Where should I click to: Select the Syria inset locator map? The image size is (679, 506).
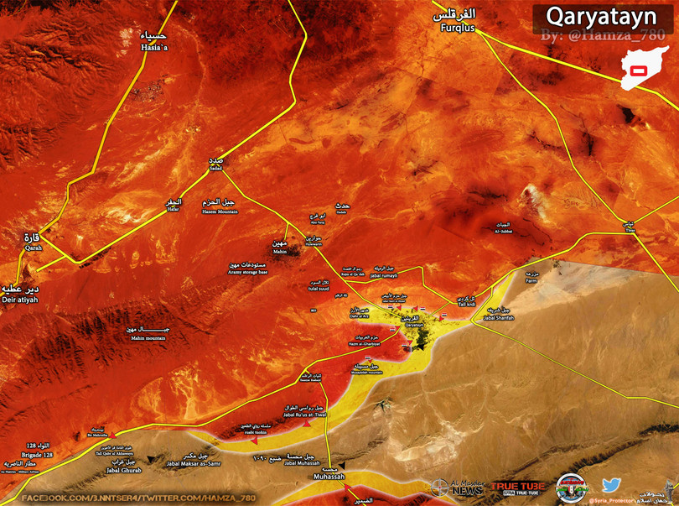point(648,68)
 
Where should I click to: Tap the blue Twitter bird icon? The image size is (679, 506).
point(611,485)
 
